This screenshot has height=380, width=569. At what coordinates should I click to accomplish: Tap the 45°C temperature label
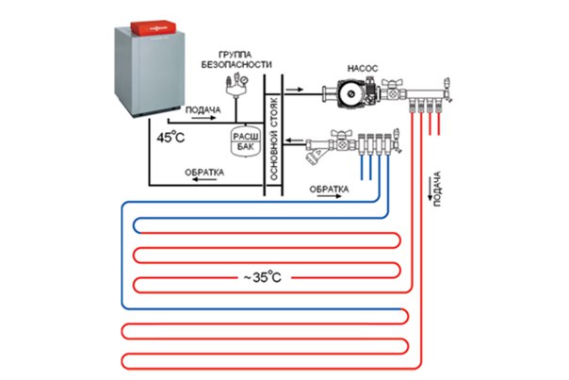click(x=173, y=139)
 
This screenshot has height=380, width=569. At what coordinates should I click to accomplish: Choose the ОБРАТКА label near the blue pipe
click(x=330, y=189)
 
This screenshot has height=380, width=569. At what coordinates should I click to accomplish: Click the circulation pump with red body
click(x=338, y=94)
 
